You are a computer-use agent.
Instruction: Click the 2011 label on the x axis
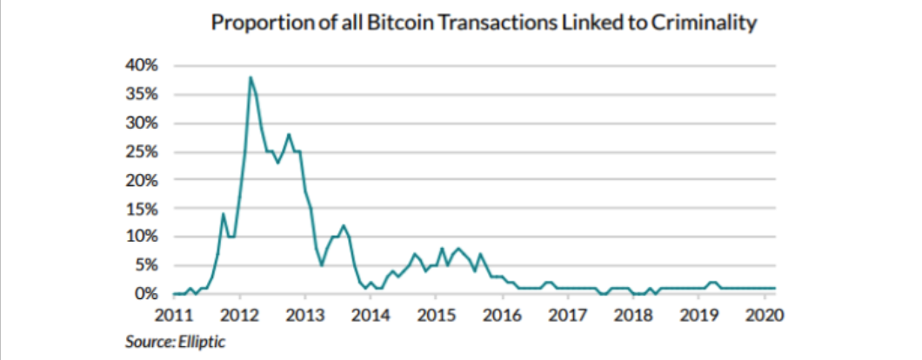click(174, 312)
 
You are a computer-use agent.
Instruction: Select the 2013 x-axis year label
click(304, 312)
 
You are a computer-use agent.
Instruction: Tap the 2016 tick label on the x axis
click(501, 312)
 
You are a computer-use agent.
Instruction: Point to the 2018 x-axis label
click(632, 312)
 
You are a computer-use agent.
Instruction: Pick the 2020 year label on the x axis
click(764, 312)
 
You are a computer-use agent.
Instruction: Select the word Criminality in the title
click(704, 24)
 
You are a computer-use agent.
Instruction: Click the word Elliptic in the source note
click(202, 341)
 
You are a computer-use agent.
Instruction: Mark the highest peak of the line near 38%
click(251, 77)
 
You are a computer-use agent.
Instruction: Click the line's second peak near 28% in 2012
click(289, 135)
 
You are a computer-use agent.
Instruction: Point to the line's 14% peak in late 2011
click(224, 214)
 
